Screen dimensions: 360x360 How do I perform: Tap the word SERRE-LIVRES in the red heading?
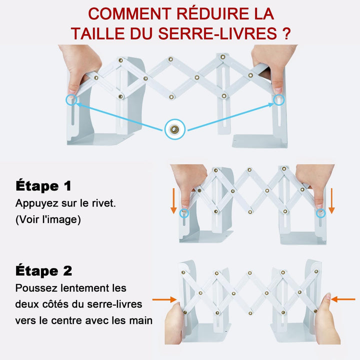217,33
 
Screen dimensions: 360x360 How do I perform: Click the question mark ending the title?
286,33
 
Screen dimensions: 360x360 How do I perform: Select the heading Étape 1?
43,185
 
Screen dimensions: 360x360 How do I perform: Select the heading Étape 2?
43,270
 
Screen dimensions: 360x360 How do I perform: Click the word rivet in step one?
103,203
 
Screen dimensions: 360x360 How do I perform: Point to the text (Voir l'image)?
48,219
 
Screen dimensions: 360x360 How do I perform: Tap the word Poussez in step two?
36,288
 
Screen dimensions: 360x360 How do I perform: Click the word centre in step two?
66,320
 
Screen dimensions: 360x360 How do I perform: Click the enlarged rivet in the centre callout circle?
174,129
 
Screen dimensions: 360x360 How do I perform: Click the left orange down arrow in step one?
173,201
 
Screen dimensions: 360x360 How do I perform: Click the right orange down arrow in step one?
331,201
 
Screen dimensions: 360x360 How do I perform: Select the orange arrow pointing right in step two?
164,299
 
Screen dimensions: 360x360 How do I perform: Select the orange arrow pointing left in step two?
343,299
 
